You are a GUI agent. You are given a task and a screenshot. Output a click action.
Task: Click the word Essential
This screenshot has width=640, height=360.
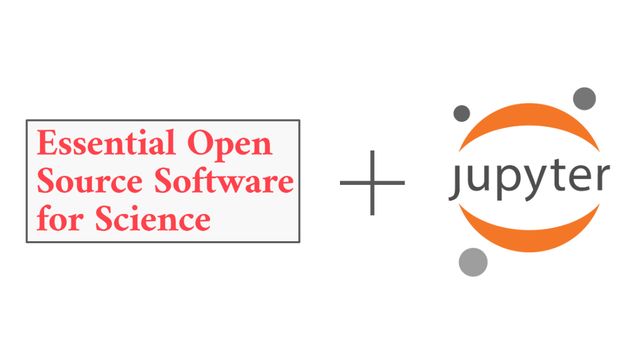106,142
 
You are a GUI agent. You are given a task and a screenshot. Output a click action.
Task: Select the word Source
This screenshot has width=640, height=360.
90,180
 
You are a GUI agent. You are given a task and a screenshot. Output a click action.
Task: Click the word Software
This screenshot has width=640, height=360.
224,180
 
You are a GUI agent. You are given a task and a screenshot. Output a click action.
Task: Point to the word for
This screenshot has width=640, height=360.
60,218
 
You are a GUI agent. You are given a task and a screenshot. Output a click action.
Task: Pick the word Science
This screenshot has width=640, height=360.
153,218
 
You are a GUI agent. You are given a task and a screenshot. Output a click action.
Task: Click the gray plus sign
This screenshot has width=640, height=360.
372,183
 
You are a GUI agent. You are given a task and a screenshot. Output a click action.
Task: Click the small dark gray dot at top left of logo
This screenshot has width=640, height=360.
462,113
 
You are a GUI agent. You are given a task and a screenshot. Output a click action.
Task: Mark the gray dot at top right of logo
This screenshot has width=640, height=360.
584,99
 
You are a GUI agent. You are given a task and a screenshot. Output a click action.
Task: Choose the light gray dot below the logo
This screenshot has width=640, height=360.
473,262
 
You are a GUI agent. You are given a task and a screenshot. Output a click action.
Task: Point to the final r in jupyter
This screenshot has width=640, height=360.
602,178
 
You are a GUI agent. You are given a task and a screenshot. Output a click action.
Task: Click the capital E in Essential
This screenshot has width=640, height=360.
46,143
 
